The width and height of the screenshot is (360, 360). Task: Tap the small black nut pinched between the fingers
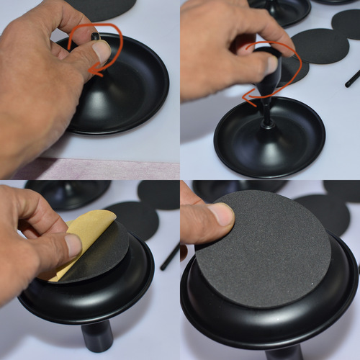click(95, 35)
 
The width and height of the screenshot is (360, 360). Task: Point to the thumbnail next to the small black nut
click(101, 51)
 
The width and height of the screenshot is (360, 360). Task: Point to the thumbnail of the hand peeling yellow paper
click(73, 245)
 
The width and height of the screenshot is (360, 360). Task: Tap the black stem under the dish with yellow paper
click(96, 336)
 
